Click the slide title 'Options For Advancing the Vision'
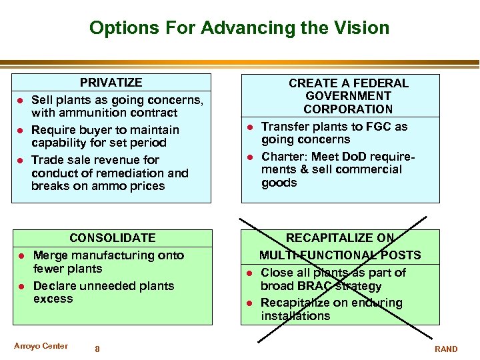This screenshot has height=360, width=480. (x=239, y=28)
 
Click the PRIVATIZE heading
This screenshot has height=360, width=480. (x=111, y=83)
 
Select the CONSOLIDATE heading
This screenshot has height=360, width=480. (x=113, y=238)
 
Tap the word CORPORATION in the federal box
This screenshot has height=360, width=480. (x=348, y=109)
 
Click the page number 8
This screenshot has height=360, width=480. (x=97, y=349)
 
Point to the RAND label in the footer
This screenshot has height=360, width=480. (x=446, y=349)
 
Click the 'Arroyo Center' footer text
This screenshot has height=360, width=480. (x=41, y=346)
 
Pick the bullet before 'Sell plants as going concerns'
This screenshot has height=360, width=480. (x=21, y=100)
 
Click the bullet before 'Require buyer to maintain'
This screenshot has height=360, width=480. (x=21, y=130)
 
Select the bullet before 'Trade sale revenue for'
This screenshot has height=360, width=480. (x=21, y=160)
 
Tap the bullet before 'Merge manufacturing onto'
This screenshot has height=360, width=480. (x=21, y=255)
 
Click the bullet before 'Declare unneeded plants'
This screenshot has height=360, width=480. (x=21, y=286)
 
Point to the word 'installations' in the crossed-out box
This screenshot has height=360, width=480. (x=295, y=316)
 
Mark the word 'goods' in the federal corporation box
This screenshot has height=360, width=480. (x=279, y=183)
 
